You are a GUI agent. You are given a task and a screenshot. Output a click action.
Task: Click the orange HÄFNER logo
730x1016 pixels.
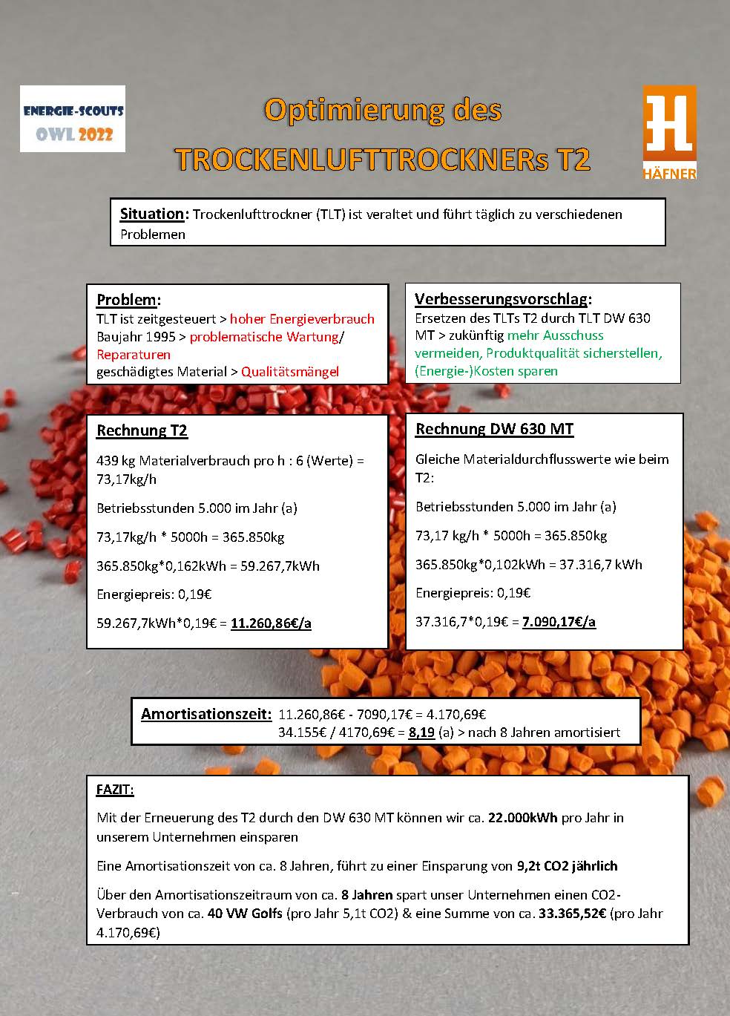(x=669, y=132)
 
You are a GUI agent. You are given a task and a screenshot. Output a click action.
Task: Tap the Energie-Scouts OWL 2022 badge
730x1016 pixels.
(x=73, y=119)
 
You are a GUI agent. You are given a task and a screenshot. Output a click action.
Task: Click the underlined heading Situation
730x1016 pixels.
(x=152, y=214)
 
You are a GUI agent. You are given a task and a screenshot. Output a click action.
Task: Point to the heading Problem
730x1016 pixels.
(x=127, y=300)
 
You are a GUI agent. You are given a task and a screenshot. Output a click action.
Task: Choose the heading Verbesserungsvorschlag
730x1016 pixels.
(x=502, y=299)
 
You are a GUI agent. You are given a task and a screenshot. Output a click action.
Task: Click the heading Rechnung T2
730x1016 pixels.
(x=142, y=430)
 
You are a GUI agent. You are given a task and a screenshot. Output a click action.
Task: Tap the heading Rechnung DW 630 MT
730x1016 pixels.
(x=494, y=429)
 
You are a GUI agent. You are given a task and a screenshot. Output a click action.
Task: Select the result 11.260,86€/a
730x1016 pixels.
(x=271, y=623)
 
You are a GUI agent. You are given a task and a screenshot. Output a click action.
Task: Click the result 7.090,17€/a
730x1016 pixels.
(x=559, y=622)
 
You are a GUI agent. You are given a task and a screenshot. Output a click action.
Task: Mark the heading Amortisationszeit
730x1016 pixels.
(x=205, y=714)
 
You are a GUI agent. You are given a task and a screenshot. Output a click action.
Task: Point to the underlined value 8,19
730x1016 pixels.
(x=421, y=732)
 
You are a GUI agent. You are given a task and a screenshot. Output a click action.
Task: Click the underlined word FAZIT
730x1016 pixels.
(x=115, y=790)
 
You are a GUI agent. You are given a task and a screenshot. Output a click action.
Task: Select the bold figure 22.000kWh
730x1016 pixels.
(x=522, y=818)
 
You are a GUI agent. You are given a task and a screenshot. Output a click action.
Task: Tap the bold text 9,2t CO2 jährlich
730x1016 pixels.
(x=566, y=866)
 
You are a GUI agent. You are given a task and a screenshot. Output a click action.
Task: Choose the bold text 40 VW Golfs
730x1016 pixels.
(x=245, y=914)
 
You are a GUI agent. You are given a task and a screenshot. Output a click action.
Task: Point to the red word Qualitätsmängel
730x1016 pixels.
(x=290, y=372)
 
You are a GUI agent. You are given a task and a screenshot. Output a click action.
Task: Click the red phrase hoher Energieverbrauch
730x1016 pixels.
(x=302, y=319)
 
